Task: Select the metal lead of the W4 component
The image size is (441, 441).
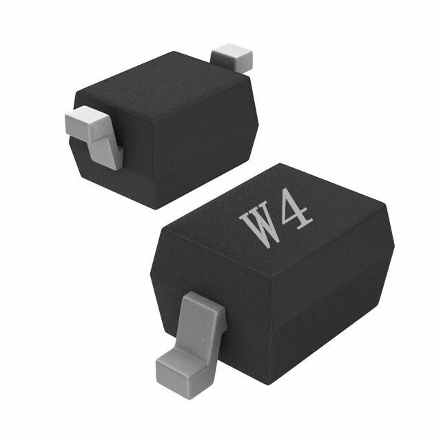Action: tap(192, 345)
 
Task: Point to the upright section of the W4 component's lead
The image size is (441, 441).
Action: tap(201, 323)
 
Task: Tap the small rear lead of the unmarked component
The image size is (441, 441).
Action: tap(232, 58)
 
